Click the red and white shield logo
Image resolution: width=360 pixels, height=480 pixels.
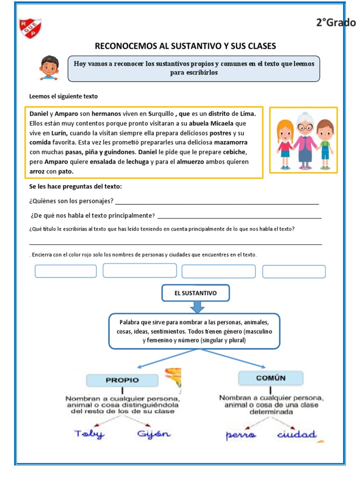coord(30,29)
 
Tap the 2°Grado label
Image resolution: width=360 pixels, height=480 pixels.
coord(336,22)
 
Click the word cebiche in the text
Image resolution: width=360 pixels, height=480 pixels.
coord(234,152)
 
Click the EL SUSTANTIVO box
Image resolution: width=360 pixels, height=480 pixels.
coord(195,293)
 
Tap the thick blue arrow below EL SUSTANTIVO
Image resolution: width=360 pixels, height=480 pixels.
coord(197,307)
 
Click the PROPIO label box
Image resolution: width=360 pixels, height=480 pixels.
coord(122,380)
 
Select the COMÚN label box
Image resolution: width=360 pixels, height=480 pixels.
coord(270,378)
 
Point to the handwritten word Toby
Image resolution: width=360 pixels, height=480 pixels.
coord(90,434)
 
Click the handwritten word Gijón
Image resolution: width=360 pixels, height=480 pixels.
coord(154,434)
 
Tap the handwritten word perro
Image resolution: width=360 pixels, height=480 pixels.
coord(241,435)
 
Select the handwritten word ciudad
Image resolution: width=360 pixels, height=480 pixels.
coord(296,435)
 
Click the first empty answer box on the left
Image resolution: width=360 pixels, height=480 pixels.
coord(66,271)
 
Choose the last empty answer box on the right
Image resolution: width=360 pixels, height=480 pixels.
coord(293,272)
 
